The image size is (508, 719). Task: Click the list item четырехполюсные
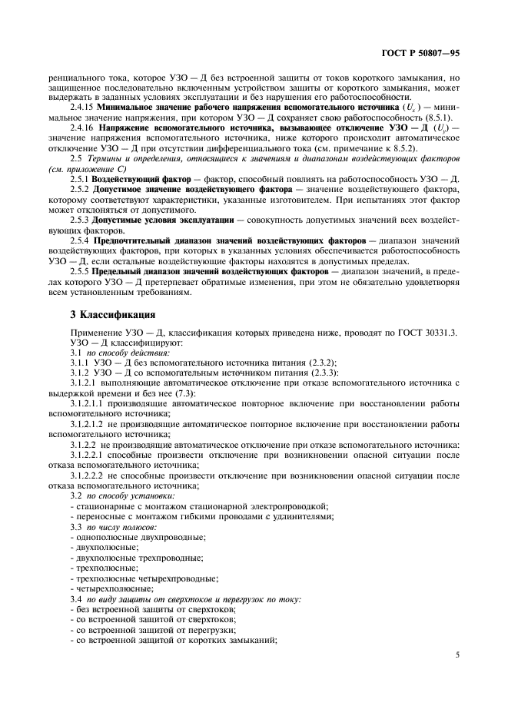[111, 587]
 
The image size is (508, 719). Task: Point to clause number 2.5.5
[79, 272]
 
